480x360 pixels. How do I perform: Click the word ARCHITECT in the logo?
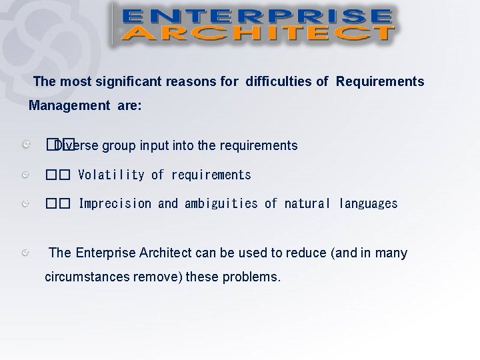pyautogui.click(x=256, y=33)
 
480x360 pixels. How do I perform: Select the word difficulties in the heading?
pyautogui.click(x=280, y=82)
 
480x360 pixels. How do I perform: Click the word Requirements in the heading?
pyautogui.click(x=380, y=82)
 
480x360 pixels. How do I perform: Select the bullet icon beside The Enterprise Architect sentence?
pyautogui.click(x=25, y=253)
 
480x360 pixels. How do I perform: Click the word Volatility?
pyautogui.click(x=111, y=175)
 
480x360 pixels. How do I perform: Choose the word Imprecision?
pyautogui.click(x=115, y=203)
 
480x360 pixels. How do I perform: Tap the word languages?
pyautogui.click(x=368, y=203)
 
